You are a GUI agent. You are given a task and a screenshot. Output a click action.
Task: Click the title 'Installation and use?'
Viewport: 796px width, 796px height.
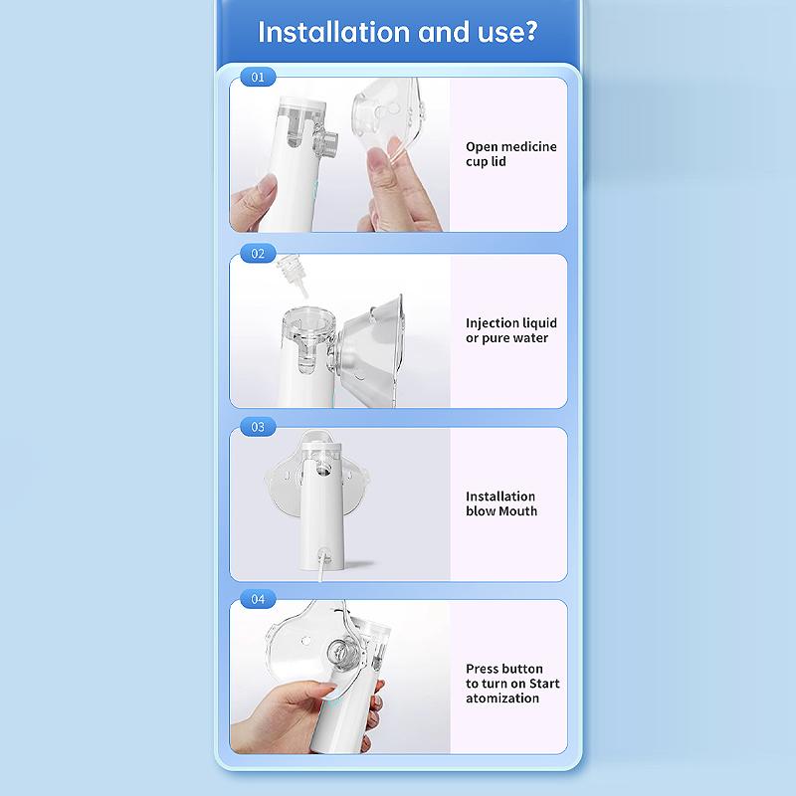398,31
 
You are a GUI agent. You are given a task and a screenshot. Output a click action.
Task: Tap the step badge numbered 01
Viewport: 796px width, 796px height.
258,78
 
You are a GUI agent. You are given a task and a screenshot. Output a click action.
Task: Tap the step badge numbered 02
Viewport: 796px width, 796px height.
258,254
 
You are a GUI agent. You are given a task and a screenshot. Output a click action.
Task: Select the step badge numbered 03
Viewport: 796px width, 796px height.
258,427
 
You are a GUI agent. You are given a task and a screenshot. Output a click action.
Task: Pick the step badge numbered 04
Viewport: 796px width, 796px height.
258,599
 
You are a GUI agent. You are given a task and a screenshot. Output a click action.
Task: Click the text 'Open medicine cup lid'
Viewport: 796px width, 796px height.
510,154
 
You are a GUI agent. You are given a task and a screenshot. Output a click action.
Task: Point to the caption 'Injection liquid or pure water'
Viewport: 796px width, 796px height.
510,330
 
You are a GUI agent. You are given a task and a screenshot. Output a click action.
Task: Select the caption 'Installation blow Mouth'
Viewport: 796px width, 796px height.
500,503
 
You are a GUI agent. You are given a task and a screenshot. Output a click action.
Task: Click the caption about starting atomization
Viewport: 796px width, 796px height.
511,684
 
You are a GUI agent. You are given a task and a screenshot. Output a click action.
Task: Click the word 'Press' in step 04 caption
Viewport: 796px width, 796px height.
483,669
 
